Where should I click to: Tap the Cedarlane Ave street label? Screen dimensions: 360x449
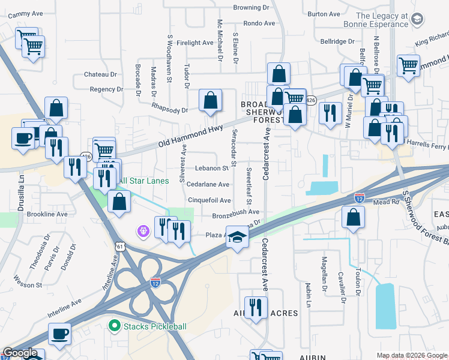coord(208,185)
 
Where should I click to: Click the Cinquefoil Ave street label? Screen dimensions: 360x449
coord(209,200)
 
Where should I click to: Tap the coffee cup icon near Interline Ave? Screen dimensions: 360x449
coord(59,334)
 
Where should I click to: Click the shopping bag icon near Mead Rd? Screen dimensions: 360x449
coord(353,217)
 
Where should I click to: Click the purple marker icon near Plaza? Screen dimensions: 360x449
coord(143,231)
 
